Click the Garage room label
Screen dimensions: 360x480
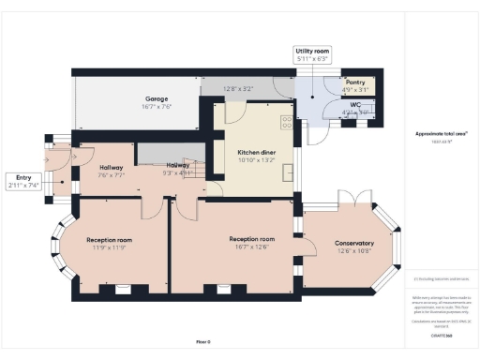[156, 98]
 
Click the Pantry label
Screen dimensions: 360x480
[354, 83]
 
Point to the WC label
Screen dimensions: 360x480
[353, 106]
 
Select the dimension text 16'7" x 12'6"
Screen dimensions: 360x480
[251, 247]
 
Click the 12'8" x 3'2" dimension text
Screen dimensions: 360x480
[238, 89]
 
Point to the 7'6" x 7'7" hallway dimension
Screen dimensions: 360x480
[111, 175]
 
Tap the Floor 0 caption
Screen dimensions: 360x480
[203, 341]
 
